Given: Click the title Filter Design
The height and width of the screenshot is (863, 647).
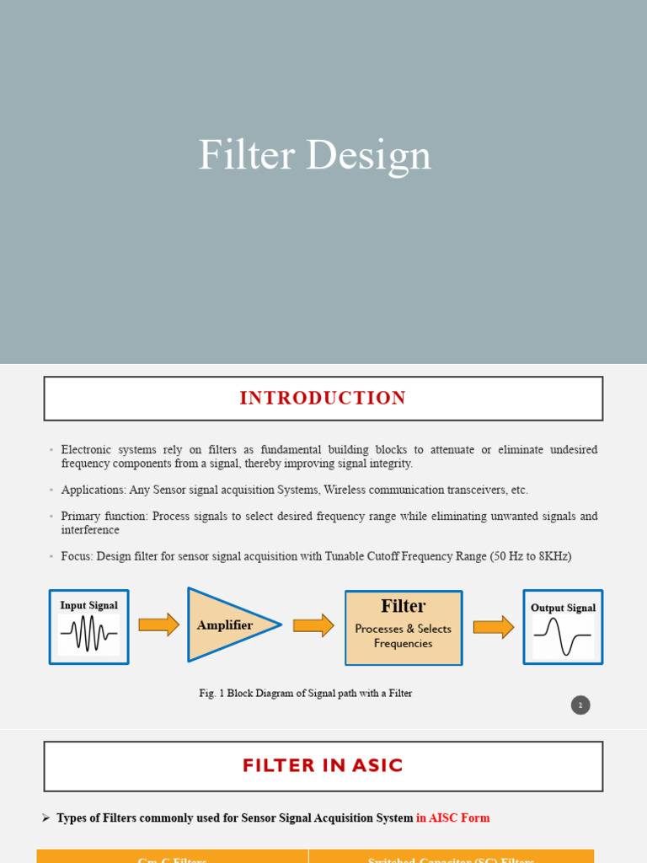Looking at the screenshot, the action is tap(314, 156).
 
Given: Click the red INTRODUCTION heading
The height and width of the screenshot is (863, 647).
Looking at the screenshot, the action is tap(323, 398).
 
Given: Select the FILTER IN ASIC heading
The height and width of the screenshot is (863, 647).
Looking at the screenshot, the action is tap(323, 765).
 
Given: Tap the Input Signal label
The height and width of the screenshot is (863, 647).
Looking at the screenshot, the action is tap(88, 605).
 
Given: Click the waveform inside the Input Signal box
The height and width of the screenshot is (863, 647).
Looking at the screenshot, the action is tap(88, 634).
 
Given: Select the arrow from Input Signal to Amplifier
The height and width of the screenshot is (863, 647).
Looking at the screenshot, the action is tap(158, 624).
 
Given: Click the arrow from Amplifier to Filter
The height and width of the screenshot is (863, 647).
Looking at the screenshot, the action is tap(313, 625).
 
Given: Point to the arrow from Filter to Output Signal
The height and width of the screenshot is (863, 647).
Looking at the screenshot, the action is tap(493, 627).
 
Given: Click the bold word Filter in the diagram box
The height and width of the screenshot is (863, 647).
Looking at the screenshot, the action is tap(403, 606).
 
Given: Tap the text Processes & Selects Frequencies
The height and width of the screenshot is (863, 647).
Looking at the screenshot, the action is tap(403, 636).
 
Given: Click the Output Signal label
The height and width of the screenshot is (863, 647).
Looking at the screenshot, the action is tap(563, 608).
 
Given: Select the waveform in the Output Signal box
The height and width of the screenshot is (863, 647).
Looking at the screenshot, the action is tap(563, 637).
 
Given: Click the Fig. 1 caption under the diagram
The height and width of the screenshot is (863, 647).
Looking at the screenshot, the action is tap(305, 694).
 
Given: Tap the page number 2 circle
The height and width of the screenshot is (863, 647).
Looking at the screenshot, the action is tap(580, 705).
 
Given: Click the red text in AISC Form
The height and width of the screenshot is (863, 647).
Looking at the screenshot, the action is tap(452, 818).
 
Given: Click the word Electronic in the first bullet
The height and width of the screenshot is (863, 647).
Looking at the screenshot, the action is tap(86, 450).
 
